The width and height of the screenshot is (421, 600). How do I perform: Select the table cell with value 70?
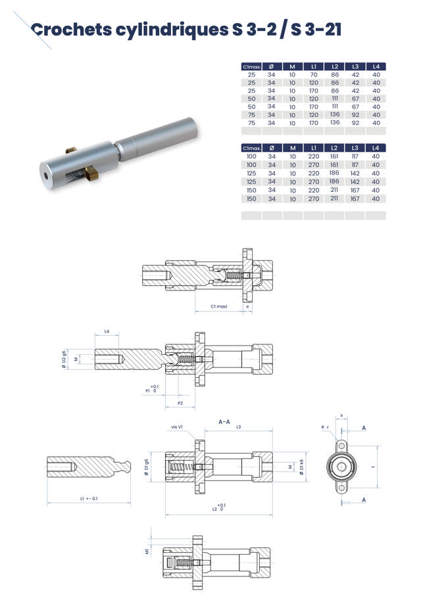(314, 75)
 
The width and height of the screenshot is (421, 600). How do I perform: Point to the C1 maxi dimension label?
(218, 306)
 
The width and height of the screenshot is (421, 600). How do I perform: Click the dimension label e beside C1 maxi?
(247, 306)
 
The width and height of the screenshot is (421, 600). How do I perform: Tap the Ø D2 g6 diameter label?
(64, 359)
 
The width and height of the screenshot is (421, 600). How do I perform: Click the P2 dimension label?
(180, 403)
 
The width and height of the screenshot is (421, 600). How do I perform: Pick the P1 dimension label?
(148, 390)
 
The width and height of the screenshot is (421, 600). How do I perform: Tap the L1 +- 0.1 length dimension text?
(88, 499)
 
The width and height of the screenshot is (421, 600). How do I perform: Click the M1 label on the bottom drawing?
(147, 551)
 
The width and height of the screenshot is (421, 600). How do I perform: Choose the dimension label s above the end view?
(341, 415)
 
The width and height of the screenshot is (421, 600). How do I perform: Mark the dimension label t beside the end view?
(373, 466)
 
